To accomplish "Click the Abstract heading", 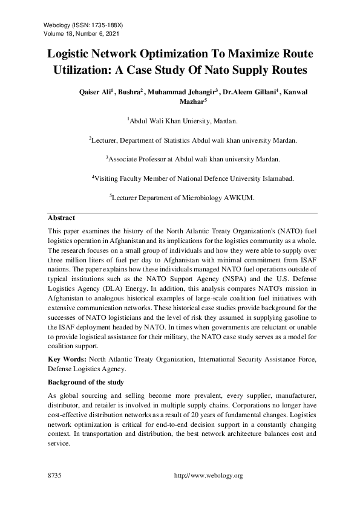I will point(61,218).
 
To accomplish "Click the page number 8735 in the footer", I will point(55,476).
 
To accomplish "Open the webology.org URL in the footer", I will point(208,476).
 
